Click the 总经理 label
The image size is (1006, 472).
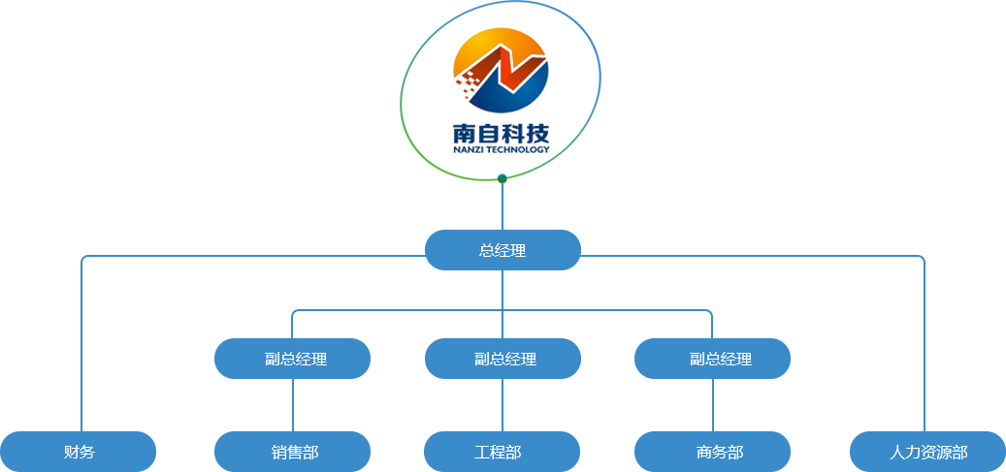point(503,250)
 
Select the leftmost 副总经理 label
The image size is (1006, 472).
point(296,359)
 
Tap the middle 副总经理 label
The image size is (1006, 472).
point(505,359)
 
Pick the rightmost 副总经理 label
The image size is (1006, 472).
point(721,359)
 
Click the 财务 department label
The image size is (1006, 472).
point(80,452)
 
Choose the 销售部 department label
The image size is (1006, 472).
point(295,452)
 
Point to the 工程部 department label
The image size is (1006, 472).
point(498,452)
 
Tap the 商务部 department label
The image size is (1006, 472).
point(720,452)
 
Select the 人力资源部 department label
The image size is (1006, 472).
point(928,452)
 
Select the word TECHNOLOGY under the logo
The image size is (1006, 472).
point(516,148)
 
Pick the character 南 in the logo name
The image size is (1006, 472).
point(465,135)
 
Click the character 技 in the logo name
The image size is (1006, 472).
point(537,135)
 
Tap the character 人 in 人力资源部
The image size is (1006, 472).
point(897,452)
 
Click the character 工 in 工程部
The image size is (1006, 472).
point(482,452)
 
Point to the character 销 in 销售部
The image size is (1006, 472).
point(279,452)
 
